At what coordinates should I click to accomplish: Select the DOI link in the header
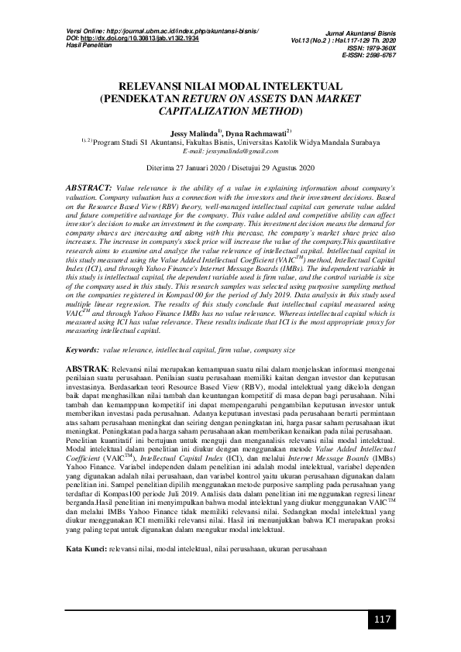point(133,36)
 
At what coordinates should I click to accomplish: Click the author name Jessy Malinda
point(194,133)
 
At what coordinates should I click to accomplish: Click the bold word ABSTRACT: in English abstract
point(89,188)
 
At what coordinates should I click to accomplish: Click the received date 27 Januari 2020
point(202,167)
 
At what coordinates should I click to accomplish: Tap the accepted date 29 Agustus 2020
point(281,167)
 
